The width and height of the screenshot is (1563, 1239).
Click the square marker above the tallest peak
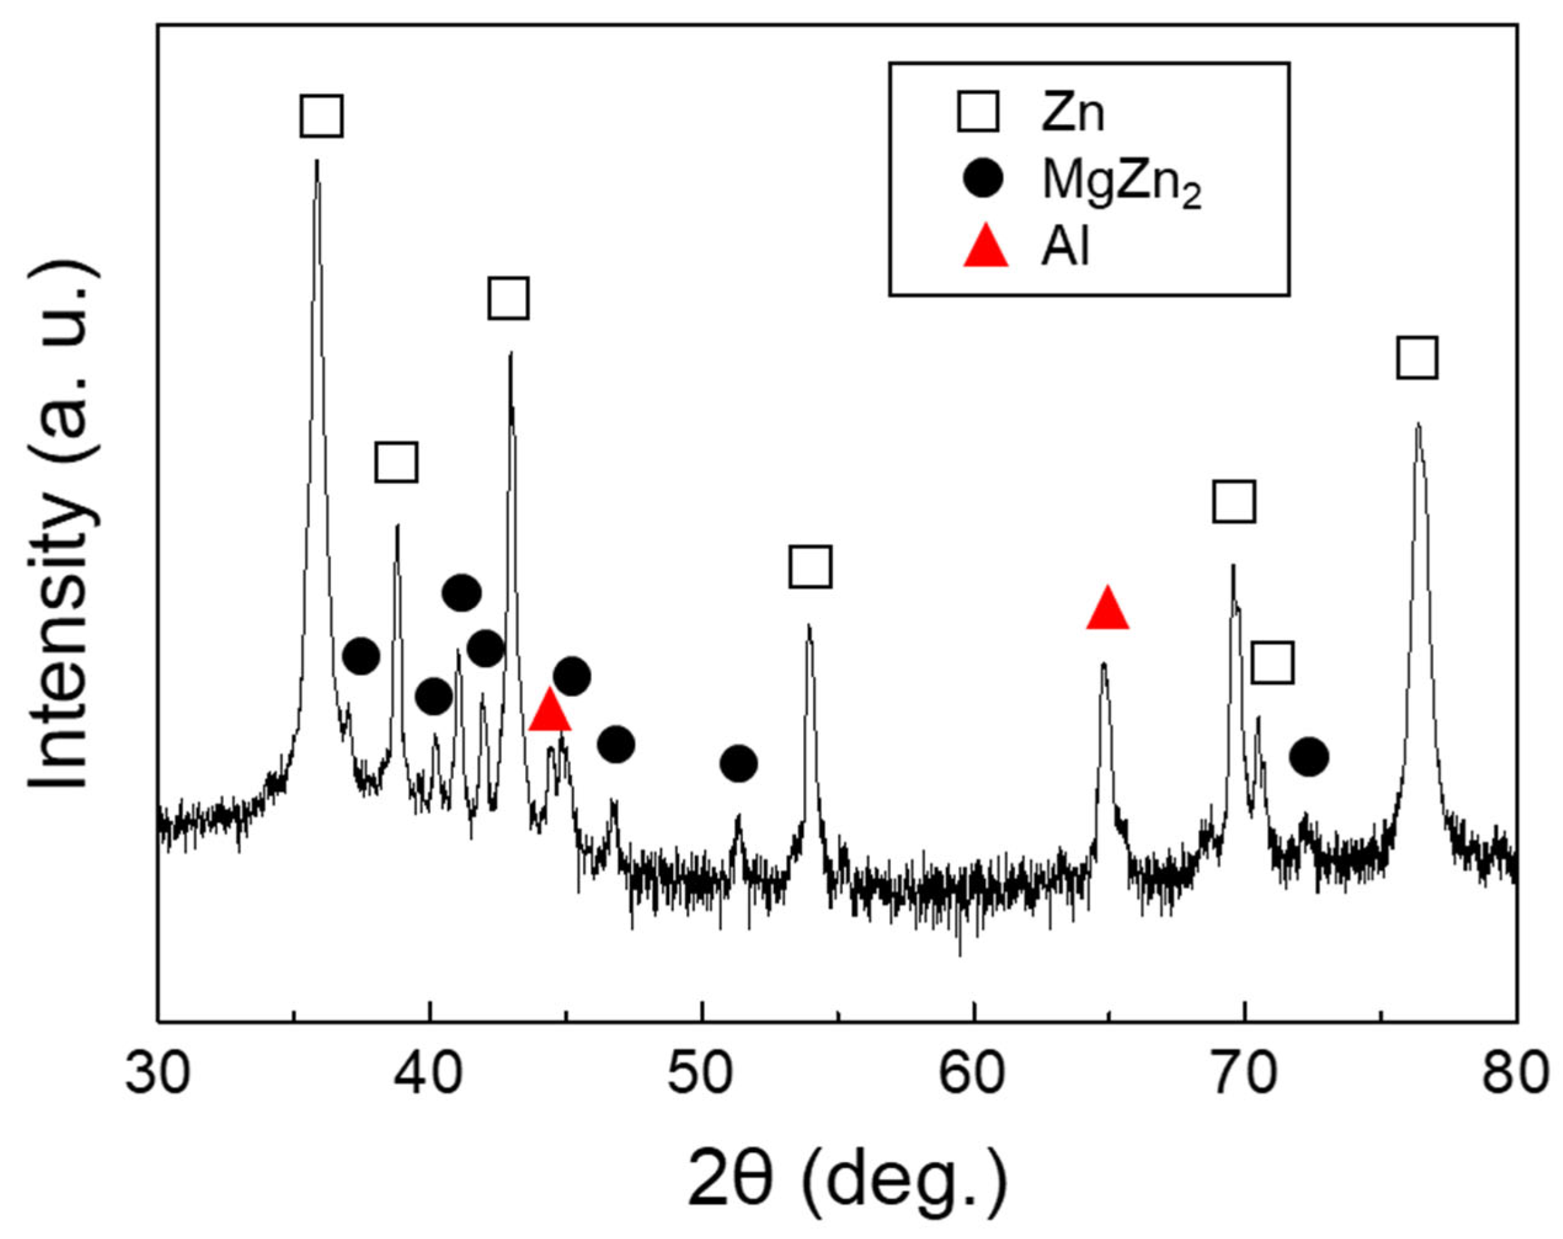321,115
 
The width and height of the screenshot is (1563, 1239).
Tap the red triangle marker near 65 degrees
1107,609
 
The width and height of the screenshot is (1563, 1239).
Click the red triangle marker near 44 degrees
550,710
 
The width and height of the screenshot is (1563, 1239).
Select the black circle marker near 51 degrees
739,763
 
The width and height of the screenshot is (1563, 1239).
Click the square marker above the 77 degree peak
1417,357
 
